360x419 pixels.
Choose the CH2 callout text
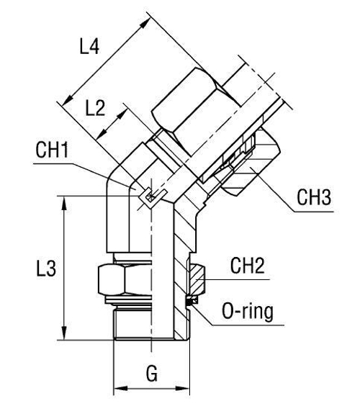(248, 266)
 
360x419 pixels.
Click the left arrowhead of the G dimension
(117, 392)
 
